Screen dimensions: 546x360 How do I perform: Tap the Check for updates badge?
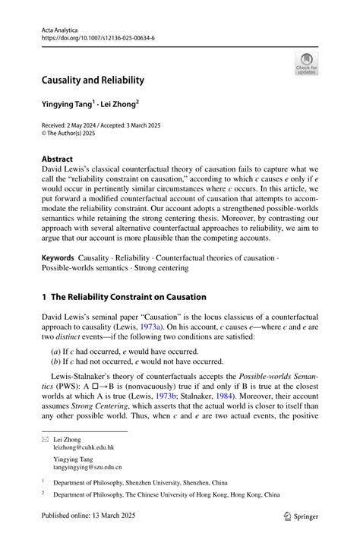tap(306, 64)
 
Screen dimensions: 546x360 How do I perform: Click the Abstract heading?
tap(58, 159)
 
